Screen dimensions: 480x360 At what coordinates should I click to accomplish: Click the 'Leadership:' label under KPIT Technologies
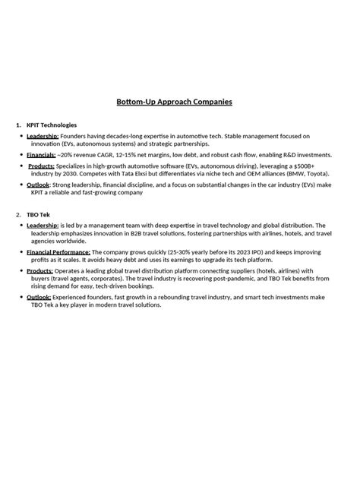(x=43, y=136)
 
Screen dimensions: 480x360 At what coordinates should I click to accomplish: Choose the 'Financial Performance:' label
(x=59, y=251)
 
